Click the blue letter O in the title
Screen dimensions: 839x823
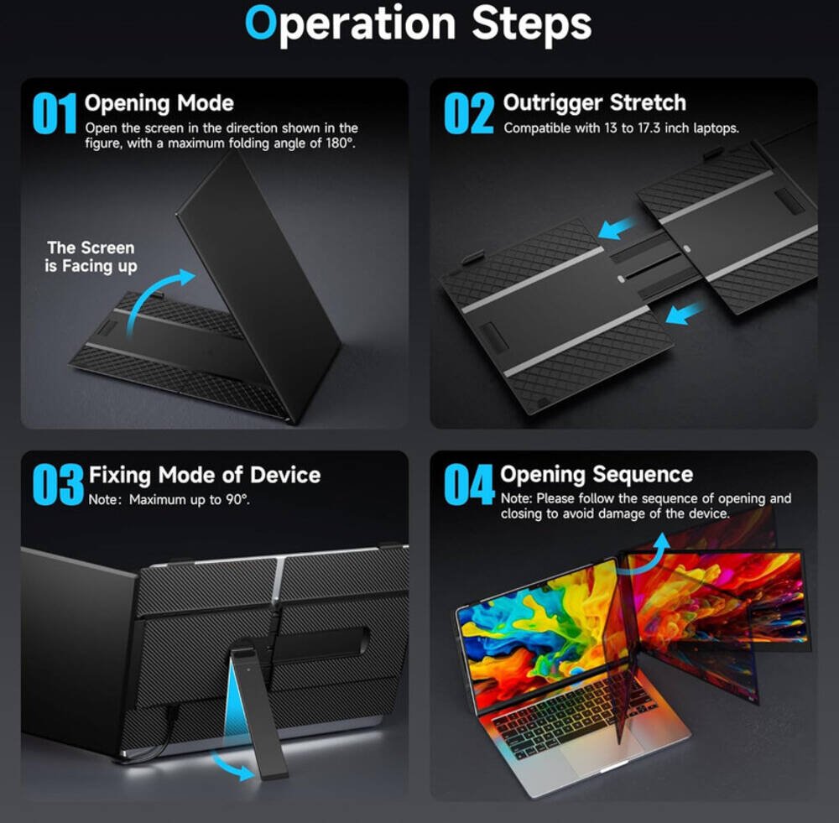[x=261, y=23]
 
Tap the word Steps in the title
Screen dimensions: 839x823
[x=531, y=25]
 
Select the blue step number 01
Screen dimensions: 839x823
[x=55, y=113]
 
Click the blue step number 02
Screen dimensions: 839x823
[x=469, y=113]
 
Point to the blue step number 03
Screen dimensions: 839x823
[x=58, y=485]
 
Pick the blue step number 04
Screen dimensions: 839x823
[x=469, y=484]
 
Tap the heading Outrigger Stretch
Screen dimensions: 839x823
[x=595, y=103]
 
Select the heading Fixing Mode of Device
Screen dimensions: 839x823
[x=205, y=475]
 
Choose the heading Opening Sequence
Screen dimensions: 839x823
[x=597, y=475]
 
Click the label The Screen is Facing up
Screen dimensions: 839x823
[x=91, y=257]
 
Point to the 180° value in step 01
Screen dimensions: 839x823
[x=340, y=143]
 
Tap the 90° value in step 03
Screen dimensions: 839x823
[x=237, y=500]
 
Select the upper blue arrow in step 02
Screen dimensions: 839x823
[x=618, y=227]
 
